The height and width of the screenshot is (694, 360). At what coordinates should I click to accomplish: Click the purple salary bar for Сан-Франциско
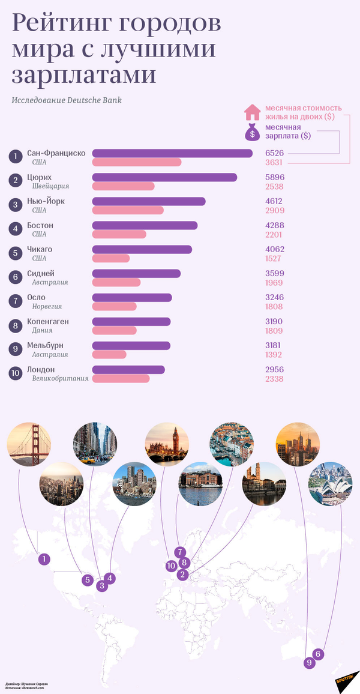click(x=172, y=153)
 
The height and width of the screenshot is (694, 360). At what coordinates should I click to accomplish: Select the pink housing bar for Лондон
click(x=121, y=379)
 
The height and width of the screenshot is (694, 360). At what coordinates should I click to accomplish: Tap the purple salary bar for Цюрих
click(x=164, y=177)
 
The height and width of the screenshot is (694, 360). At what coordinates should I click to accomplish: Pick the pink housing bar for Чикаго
click(x=111, y=258)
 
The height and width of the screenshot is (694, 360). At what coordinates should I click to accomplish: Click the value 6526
click(x=274, y=153)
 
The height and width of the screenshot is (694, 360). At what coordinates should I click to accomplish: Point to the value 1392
click(x=274, y=355)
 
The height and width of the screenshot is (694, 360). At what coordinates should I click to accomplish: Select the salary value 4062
click(x=274, y=249)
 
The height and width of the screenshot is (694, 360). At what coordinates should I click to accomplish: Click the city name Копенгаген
click(x=48, y=321)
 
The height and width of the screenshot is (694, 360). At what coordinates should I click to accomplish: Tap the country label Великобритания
click(x=60, y=379)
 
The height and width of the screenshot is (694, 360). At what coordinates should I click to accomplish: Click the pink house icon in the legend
click(x=252, y=112)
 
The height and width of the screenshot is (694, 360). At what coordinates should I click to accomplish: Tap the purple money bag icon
click(x=252, y=131)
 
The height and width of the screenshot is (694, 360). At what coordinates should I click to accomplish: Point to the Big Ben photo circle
click(x=167, y=445)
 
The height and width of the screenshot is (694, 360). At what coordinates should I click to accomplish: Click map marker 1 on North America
click(x=43, y=559)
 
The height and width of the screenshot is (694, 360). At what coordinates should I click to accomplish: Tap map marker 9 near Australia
click(x=310, y=663)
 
